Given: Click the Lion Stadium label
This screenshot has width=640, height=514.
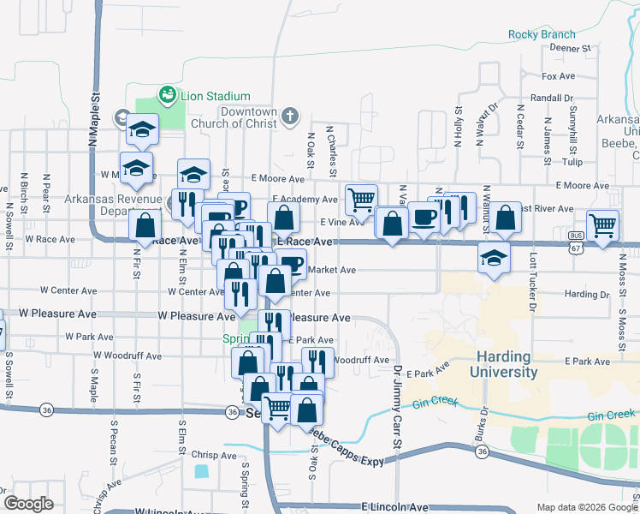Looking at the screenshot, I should (215, 96).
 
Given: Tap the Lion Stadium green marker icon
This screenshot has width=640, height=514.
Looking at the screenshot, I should (168, 94).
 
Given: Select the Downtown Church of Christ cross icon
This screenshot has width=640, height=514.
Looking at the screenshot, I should (290, 115).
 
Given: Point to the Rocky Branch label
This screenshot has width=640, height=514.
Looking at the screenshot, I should (542, 34).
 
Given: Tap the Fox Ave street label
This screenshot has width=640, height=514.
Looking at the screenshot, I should (559, 76).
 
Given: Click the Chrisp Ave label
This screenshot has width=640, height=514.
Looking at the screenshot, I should (213, 456).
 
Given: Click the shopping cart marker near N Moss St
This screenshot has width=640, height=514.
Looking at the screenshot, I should (603, 225).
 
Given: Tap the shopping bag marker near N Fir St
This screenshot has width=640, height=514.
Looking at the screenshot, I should (145, 226).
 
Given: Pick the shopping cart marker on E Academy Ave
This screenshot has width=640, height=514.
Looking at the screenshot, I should (361, 200).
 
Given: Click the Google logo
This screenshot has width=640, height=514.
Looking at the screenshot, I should (28, 504).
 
